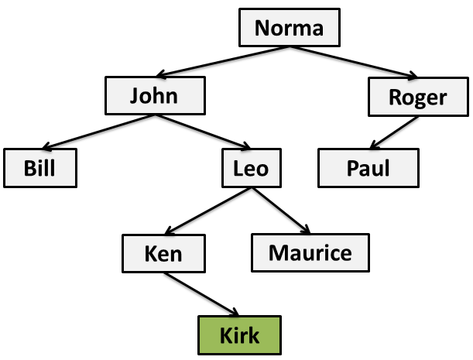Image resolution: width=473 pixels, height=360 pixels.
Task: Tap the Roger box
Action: [418, 98]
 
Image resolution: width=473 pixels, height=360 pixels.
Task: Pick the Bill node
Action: [40, 167]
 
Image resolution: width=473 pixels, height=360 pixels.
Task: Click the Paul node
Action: [368, 167]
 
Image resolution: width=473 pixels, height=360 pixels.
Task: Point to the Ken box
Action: [163, 252]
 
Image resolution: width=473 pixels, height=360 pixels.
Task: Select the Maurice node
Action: [310, 252]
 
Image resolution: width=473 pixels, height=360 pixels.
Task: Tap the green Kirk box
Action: [239, 336]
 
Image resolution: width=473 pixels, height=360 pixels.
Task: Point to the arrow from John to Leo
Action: [203, 132]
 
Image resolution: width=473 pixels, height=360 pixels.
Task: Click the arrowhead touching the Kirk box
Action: [233, 313]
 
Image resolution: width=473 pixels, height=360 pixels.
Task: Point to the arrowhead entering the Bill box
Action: [46, 147]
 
